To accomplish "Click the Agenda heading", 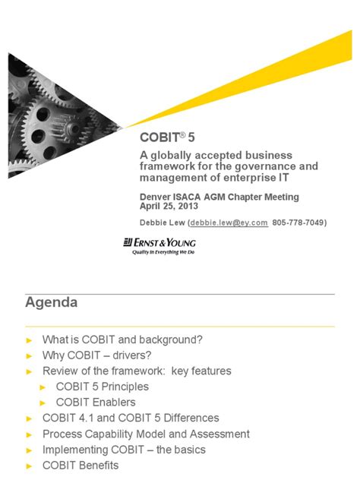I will pos(52,303).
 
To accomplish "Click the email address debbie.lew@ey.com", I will pos(230,223).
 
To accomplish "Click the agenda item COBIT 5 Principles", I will pos(103,387).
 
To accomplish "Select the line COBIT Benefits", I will pos(81,465).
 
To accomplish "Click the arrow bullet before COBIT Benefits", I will pos(30,466).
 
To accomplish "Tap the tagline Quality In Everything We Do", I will pos(159,252).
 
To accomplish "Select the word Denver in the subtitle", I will pos(156,197).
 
